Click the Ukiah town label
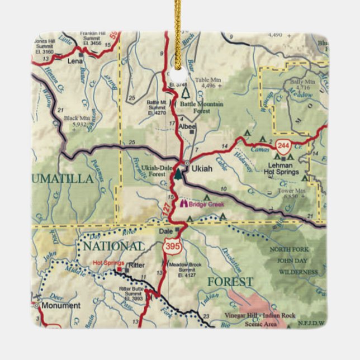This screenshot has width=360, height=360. [x=202, y=168]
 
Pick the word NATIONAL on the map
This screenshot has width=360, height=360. [x=113, y=246]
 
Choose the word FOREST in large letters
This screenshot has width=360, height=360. [x=230, y=281]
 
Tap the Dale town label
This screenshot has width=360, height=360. [x=165, y=230]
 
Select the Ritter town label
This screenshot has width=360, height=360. [x=137, y=265]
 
